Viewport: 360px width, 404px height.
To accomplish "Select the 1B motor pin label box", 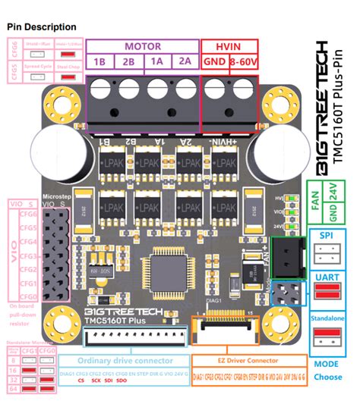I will pyautogui.click(x=100, y=61).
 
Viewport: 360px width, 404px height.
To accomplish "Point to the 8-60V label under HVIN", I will pyautogui.click(x=244, y=61).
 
